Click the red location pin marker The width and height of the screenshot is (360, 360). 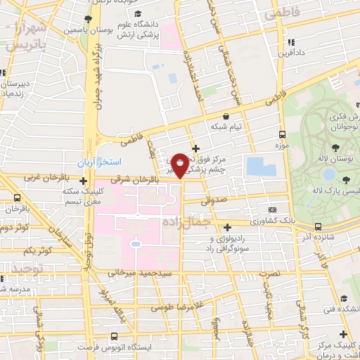pos(181,165)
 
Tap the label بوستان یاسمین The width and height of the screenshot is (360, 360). pos(86,31)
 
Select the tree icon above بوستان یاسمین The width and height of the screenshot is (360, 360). pos(86,19)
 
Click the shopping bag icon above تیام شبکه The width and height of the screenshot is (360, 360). pos(226,117)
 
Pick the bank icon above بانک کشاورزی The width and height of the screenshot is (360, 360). pos(272,210)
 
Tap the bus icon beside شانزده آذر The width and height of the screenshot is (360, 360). pos(319,226)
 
